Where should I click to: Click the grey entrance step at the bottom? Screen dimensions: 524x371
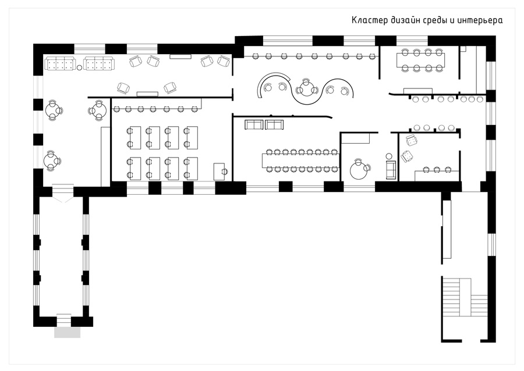67,332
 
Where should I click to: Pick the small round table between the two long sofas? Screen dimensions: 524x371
80,67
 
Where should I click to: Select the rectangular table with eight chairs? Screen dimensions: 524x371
421,60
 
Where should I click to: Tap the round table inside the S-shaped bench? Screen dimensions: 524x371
306,89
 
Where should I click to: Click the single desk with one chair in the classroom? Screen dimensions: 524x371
219,172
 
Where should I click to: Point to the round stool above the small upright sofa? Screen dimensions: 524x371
390,156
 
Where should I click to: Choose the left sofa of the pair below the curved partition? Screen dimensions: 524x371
254,124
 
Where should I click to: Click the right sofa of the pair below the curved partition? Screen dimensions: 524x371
274,124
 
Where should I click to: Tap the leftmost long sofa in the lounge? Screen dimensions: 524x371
60,63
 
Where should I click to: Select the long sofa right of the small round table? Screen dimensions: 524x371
99,63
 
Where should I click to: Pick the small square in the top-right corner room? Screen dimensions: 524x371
463,49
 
